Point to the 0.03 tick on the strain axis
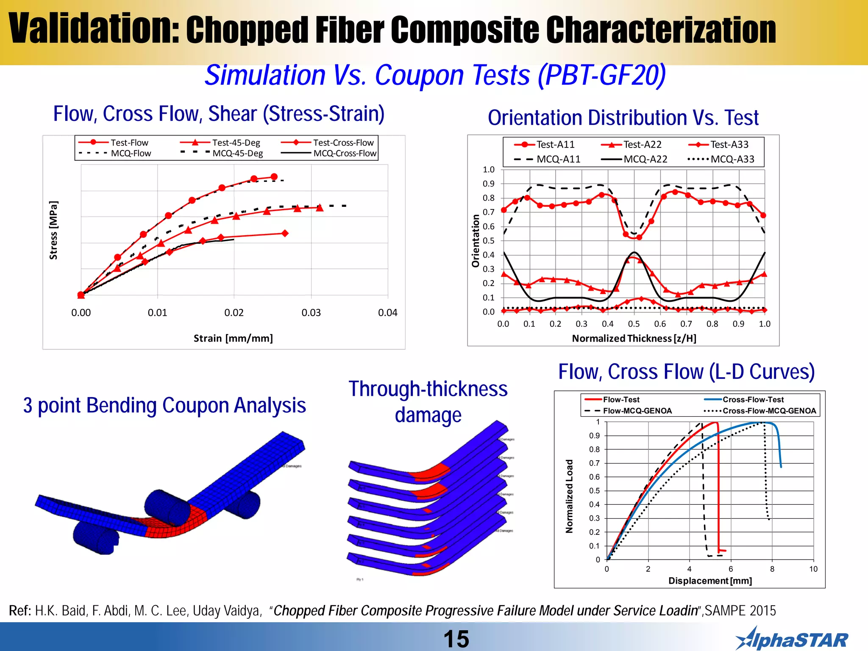tap(311, 313)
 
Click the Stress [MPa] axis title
tap(53, 230)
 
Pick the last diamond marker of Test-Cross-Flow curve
tap(285, 233)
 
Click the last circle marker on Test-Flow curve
tap(274, 177)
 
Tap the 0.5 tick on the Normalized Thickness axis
tap(634, 324)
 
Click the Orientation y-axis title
tap(476, 241)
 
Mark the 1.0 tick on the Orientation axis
tap(488, 170)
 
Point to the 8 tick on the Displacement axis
tap(772, 569)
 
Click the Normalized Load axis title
tap(569, 496)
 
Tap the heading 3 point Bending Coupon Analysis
tap(164, 406)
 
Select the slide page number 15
tap(456, 639)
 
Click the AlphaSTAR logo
tap(791, 640)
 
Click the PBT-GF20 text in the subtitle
tap(601, 75)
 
